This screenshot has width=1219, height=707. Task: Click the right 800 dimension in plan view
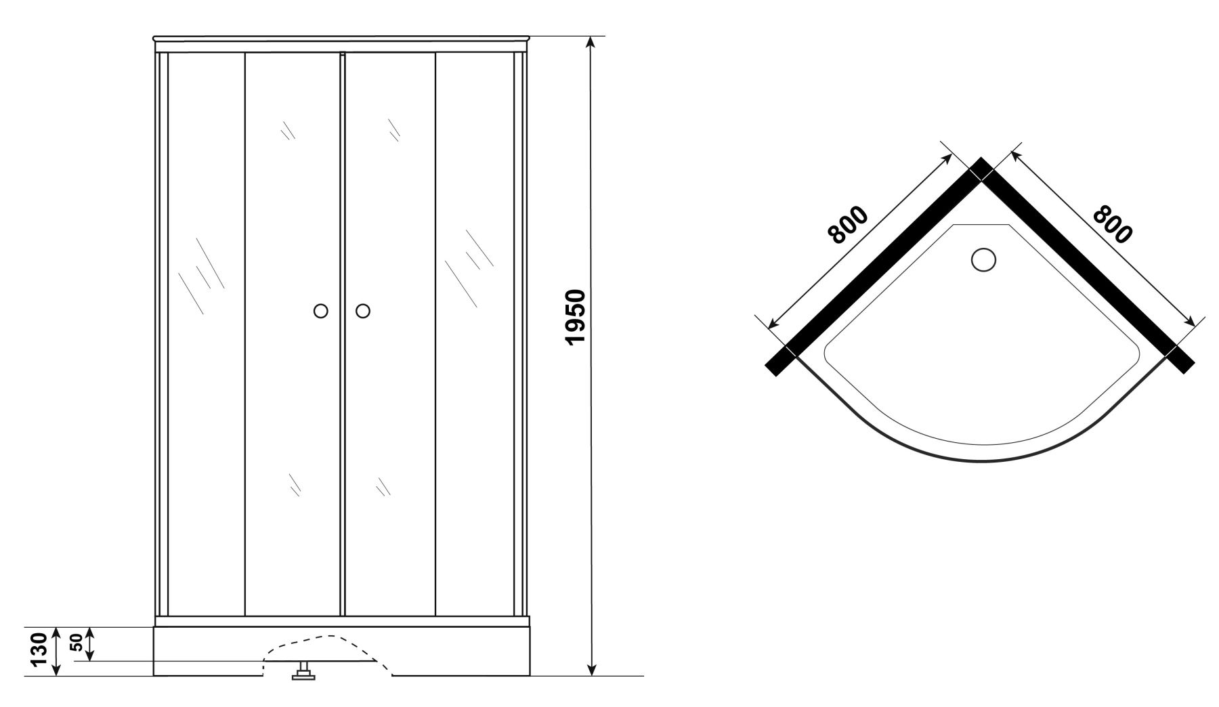pyautogui.click(x=1113, y=223)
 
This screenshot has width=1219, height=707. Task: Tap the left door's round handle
pyautogui.click(x=321, y=311)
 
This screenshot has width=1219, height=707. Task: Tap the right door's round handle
pyautogui.click(x=363, y=311)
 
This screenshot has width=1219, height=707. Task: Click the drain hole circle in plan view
pyautogui.click(x=984, y=259)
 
